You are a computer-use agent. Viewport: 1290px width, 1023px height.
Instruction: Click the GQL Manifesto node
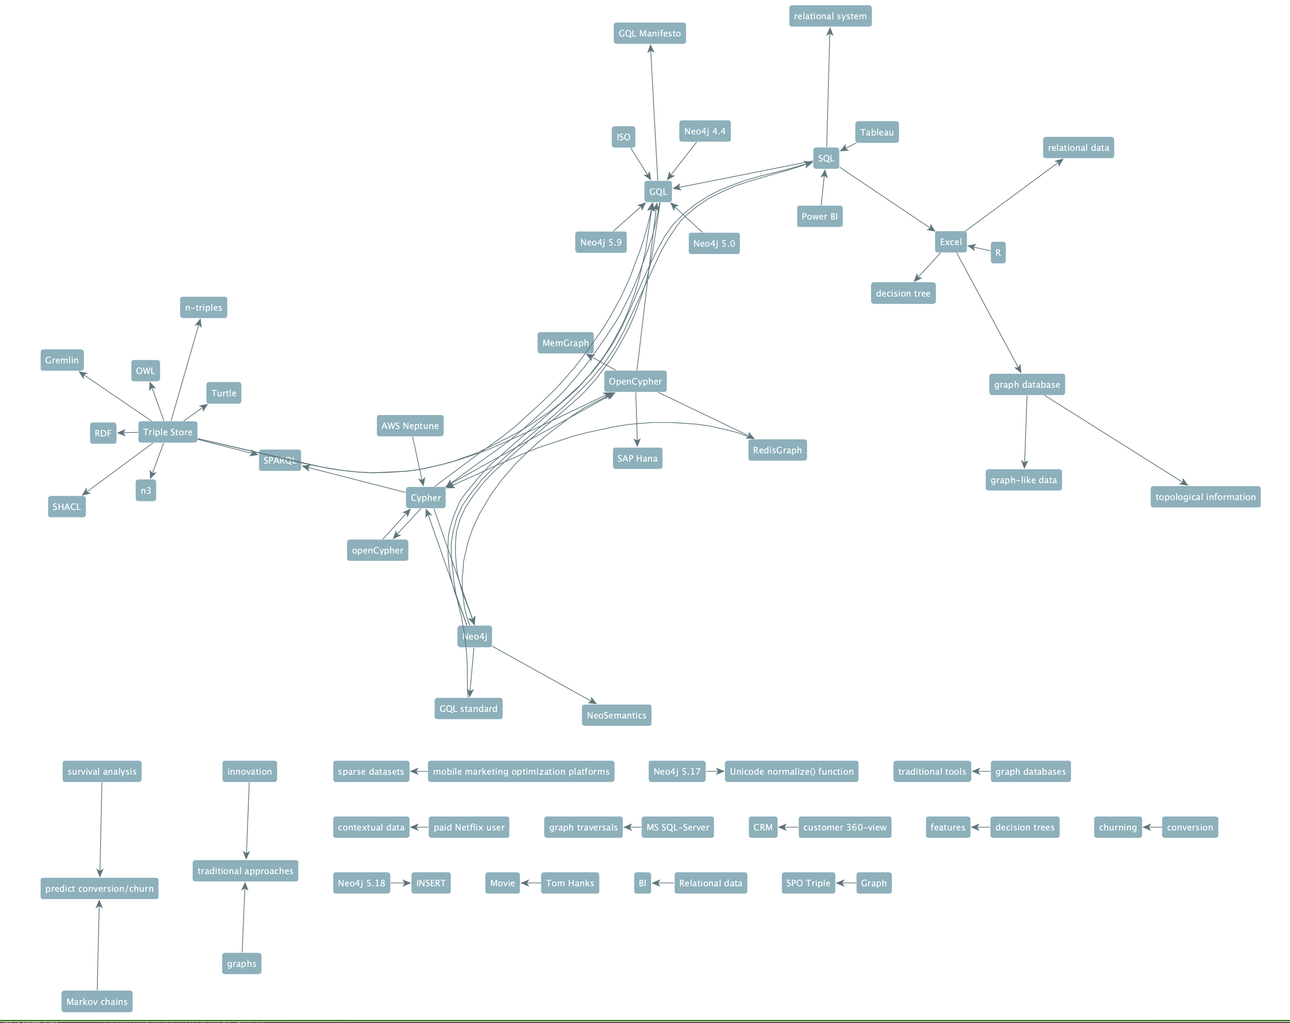649,33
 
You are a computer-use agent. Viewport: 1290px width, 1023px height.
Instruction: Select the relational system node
830,16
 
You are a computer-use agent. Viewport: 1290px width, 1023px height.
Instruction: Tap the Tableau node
876,132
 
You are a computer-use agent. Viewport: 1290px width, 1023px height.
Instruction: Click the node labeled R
997,253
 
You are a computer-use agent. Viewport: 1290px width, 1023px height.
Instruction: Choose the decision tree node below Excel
903,293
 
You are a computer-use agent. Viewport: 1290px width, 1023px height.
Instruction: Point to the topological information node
1205,497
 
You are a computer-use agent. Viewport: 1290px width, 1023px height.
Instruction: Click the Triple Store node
167,432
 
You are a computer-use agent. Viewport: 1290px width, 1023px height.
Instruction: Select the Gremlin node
62,360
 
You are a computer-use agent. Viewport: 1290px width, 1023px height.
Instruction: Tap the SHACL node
66,507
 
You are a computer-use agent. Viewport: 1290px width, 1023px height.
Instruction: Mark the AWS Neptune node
410,426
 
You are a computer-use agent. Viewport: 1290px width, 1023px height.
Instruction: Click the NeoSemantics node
616,715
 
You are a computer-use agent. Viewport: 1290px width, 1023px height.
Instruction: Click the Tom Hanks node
570,883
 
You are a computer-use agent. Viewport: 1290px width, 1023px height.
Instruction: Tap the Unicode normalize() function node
791,771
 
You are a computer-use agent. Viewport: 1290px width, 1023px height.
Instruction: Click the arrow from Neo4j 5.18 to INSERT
401,883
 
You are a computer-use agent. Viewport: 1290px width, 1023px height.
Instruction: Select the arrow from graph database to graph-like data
1026,432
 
